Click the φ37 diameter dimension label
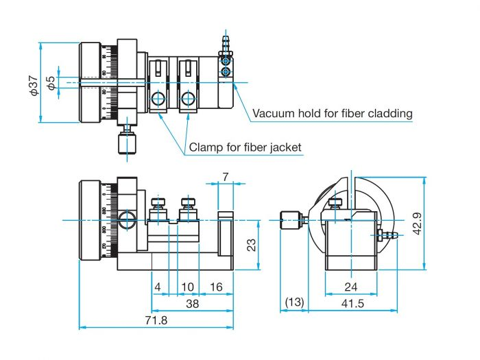point(32,83)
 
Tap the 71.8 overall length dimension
point(160,320)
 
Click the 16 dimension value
point(216,287)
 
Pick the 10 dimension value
point(187,287)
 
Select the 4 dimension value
point(158,287)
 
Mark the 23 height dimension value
point(252,244)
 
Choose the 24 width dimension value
point(352,287)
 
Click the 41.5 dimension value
point(351,302)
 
